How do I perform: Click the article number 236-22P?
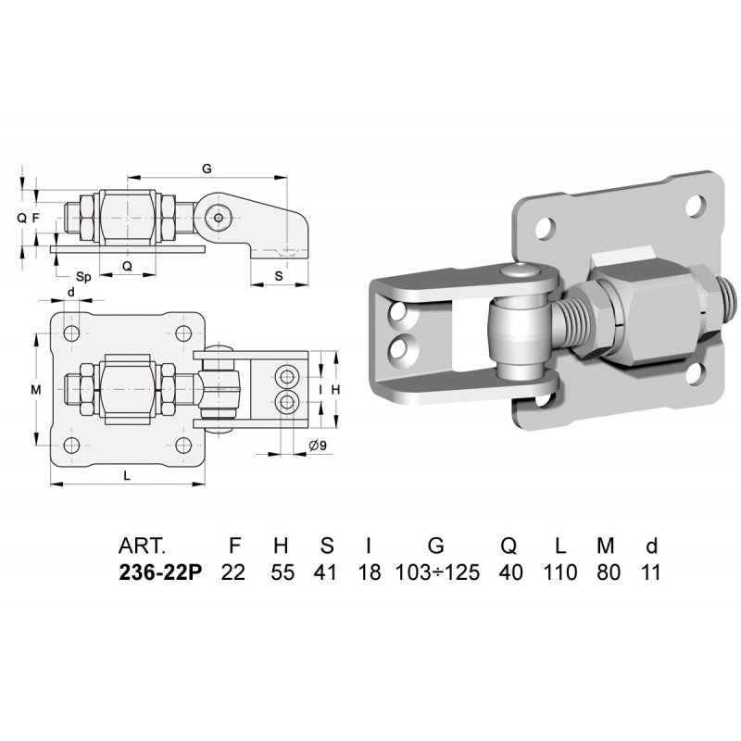point(160,572)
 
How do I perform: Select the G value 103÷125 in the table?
point(437,572)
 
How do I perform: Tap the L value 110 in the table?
point(560,572)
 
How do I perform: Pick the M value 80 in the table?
point(609,572)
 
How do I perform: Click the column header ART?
point(143,546)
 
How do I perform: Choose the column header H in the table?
point(281,546)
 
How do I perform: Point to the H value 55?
point(283,572)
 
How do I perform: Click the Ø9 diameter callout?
point(318,446)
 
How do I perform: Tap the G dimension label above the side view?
point(207,169)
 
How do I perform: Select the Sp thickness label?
point(83,276)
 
